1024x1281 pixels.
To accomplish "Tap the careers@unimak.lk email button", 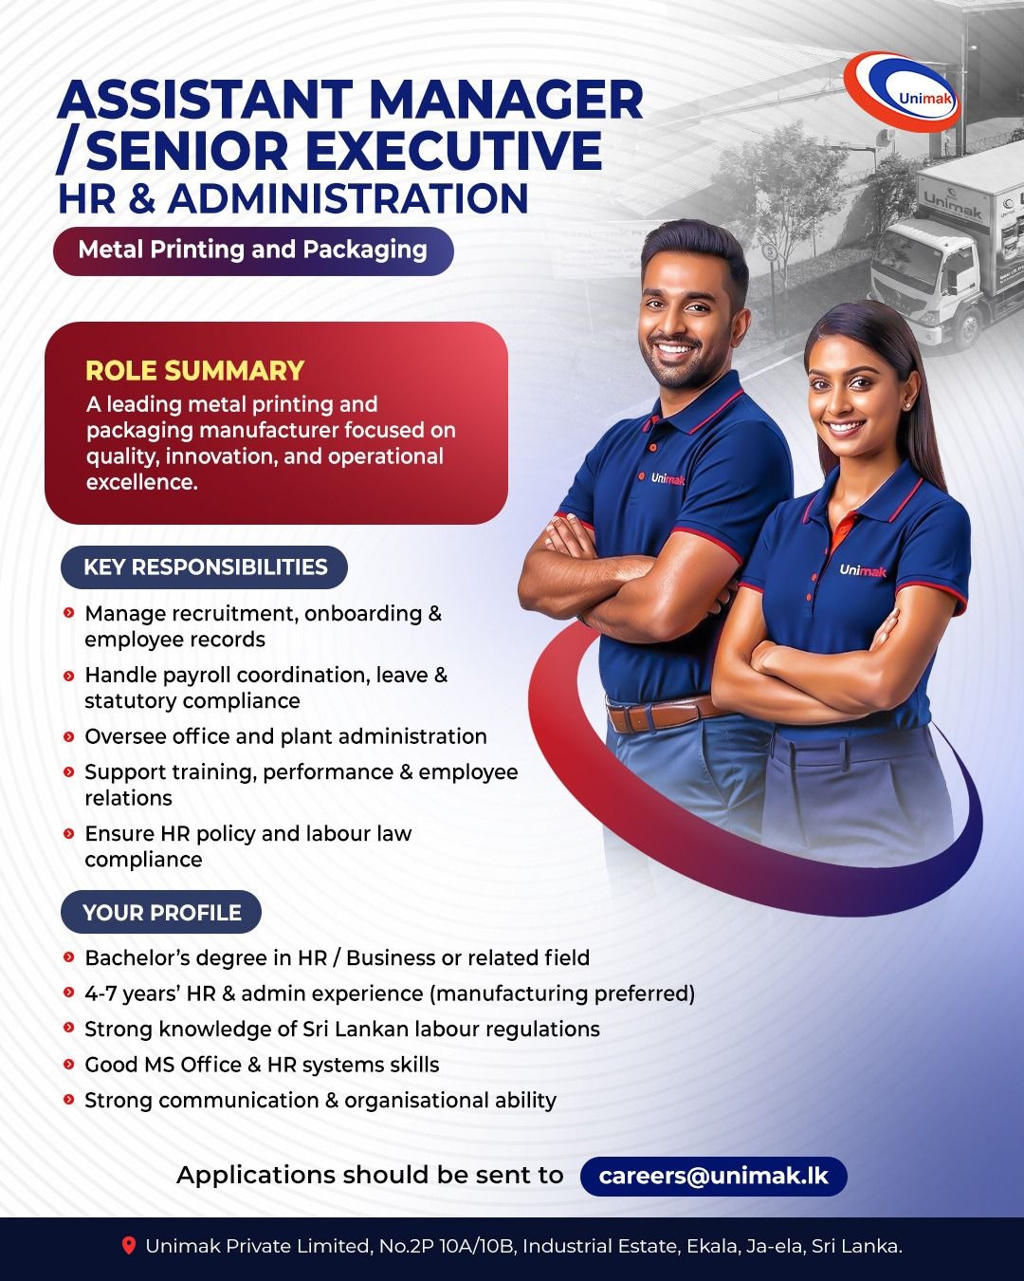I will click(x=713, y=1177).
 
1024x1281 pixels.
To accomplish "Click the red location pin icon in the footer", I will click(x=129, y=1246).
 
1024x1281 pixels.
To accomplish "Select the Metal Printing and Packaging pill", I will click(x=253, y=251).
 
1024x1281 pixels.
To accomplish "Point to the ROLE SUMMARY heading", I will click(x=195, y=370).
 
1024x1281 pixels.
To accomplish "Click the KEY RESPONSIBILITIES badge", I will click(x=205, y=567).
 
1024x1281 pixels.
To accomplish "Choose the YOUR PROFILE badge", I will click(x=161, y=913).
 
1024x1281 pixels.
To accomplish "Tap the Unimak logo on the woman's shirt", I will click(x=863, y=570).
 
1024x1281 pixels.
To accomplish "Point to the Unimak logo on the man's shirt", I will click(x=667, y=479).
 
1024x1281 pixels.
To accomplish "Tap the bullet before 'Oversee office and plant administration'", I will click(x=69, y=736).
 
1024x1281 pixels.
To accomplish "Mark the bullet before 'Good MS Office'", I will click(x=69, y=1065).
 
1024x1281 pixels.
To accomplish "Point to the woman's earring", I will click(x=907, y=403).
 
